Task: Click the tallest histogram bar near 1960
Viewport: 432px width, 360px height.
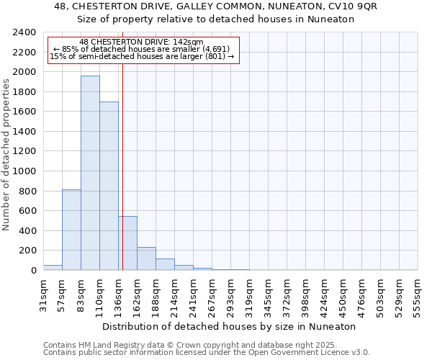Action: point(90,173)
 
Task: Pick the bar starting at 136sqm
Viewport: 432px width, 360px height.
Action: point(127,243)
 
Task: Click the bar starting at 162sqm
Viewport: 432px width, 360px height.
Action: point(146,258)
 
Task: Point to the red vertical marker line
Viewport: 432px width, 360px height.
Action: point(123,166)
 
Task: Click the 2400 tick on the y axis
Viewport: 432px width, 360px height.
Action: point(24,32)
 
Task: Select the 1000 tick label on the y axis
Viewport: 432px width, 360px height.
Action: point(24,171)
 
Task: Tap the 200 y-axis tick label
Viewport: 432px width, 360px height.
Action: point(27,251)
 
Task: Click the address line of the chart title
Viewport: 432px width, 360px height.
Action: point(215,6)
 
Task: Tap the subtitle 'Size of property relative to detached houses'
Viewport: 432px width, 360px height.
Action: point(215,19)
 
